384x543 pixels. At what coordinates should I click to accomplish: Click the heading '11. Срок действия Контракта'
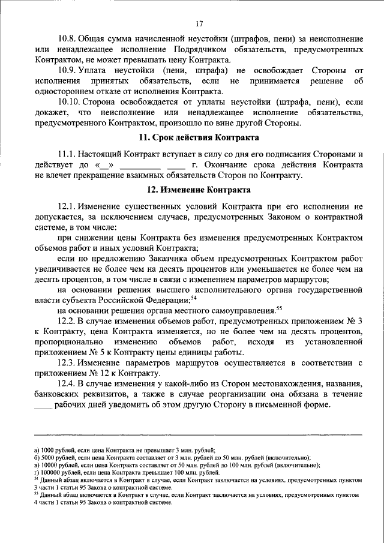199,136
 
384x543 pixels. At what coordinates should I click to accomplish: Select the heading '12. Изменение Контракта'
199,190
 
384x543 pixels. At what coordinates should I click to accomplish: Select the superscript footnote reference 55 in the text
278,308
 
